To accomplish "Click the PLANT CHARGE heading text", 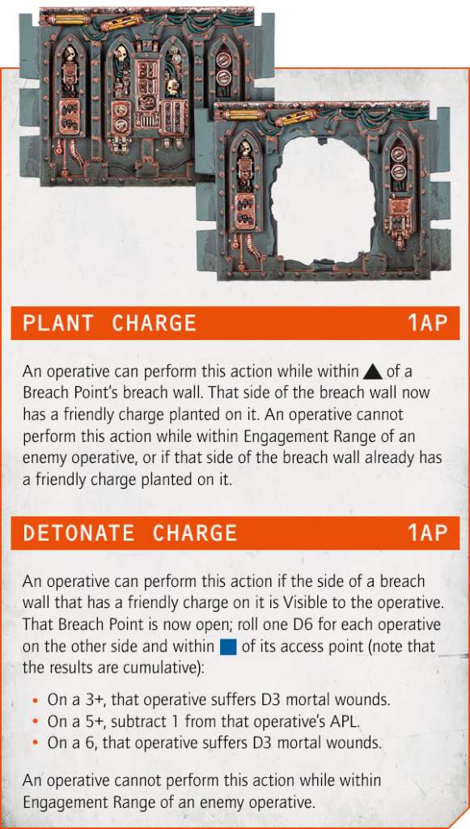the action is (109, 323).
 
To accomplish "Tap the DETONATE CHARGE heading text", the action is (129, 534).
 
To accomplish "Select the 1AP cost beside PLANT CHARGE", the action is (426, 323).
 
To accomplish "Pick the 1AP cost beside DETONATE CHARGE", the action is (426, 534).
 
